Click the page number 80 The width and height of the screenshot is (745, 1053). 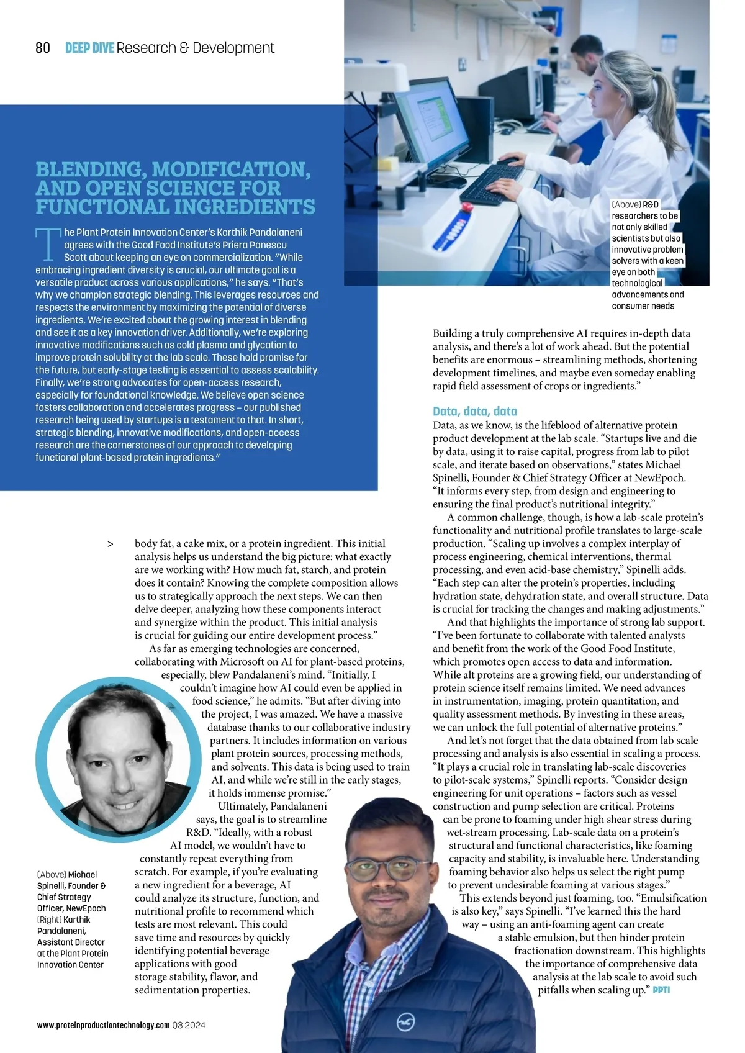coord(43,48)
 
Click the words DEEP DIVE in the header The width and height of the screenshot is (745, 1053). coord(89,48)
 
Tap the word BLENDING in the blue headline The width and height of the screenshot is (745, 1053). coord(89,169)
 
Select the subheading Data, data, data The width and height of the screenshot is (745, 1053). coord(474,411)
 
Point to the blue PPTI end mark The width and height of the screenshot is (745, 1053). coord(661,990)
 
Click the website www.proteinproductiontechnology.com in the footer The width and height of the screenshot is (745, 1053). coord(103,1025)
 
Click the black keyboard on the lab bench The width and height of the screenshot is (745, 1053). coord(491,176)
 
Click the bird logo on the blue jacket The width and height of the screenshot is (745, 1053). coord(407,1022)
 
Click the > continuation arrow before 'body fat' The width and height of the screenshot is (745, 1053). coord(111,544)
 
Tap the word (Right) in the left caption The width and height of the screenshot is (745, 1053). coord(50,920)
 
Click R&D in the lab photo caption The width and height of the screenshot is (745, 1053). coord(651,204)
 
